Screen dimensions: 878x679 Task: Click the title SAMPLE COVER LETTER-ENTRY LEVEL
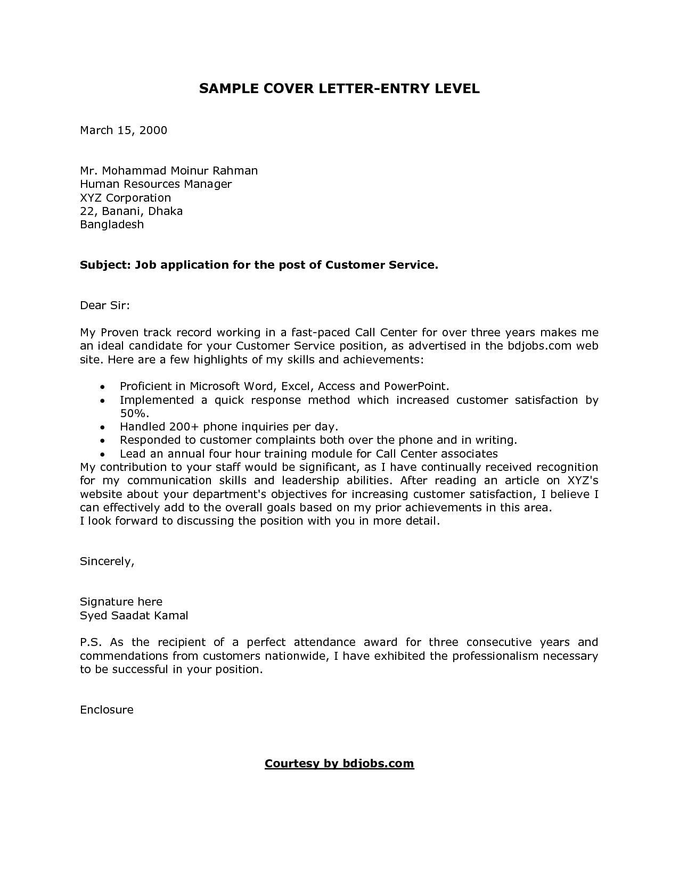339,89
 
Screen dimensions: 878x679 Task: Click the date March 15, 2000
124,130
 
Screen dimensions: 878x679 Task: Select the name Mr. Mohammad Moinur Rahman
169,171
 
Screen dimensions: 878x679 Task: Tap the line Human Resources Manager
156,184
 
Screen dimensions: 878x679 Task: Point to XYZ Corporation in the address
125,198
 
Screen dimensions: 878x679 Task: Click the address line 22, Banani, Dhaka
131,211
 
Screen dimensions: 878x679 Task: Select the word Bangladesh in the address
112,225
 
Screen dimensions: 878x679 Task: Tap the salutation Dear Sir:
105,305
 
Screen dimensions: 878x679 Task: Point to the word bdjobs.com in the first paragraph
539,346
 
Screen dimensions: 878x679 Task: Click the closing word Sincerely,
107,561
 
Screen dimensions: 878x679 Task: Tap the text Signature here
121,602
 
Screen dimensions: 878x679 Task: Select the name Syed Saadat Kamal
134,616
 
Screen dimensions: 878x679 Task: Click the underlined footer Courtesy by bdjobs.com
339,764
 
